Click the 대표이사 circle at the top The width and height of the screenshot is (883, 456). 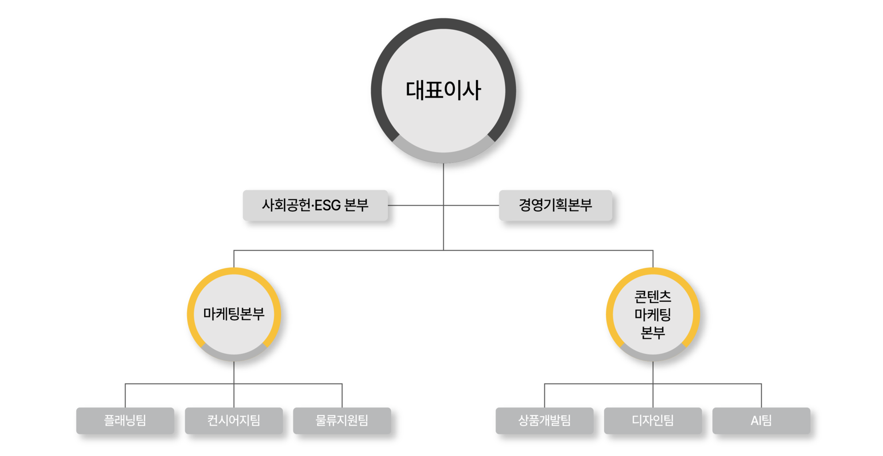[443, 90]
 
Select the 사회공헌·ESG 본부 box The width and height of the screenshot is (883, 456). [315, 205]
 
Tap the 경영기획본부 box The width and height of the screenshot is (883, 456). [555, 205]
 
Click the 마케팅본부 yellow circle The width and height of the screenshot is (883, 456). [234, 314]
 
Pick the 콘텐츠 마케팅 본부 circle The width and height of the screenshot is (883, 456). [653, 314]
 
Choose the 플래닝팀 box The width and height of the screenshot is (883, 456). [125, 420]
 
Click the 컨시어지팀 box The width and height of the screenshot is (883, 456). [234, 420]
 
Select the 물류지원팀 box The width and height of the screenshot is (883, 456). [342, 420]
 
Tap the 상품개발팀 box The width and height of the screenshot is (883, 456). [544, 420]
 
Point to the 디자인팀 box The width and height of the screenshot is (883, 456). [653, 420]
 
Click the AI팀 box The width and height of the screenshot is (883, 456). [761, 420]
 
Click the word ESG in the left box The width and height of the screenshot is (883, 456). [327, 205]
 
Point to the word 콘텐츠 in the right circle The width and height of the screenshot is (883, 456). [653, 297]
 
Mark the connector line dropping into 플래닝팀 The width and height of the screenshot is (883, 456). [126, 395]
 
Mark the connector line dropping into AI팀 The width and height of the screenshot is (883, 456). [762, 395]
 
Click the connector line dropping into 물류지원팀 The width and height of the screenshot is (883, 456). [342, 395]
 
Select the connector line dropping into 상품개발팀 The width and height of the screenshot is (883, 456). [545, 395]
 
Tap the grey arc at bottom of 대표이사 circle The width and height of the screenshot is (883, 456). [443, 157]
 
